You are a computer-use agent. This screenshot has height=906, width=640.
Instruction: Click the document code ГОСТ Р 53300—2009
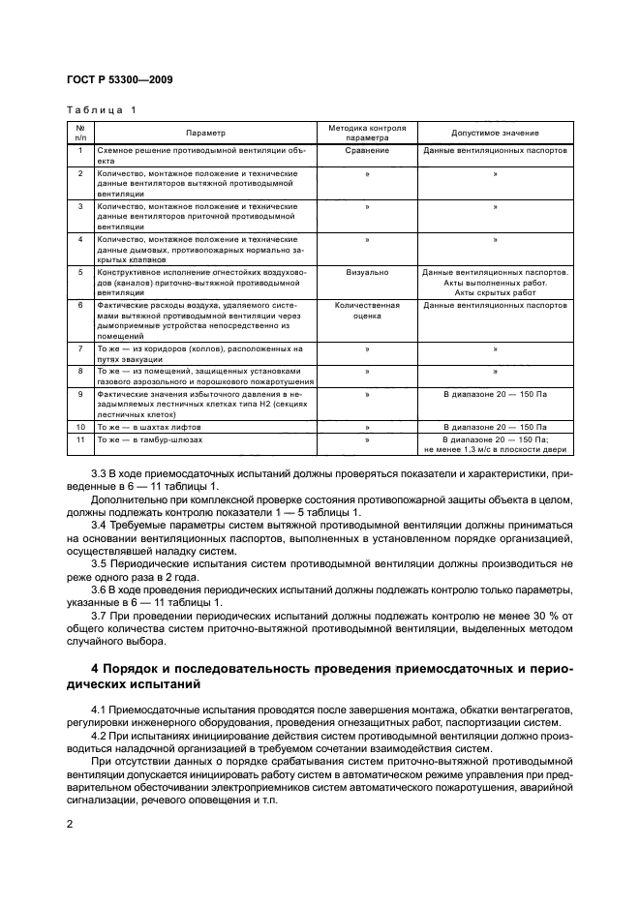coord(119,79)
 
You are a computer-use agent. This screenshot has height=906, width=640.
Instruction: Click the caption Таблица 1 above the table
coord(101,109)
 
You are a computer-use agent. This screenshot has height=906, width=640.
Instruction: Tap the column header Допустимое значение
coord(495,133)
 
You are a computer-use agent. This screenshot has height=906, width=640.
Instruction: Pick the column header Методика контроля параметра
coord(367,133)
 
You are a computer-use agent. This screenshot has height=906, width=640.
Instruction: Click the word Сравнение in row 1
coord(367,151)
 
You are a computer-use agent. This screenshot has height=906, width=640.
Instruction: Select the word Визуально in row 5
coord(367,273)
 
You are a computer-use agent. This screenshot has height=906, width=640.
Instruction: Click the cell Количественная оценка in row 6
coord(367,310)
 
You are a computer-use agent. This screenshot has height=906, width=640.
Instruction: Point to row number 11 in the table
coord(80,438)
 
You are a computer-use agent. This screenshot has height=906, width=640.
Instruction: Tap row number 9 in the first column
coord(80,395)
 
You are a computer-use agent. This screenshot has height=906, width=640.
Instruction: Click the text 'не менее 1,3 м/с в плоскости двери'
coord(495,449)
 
